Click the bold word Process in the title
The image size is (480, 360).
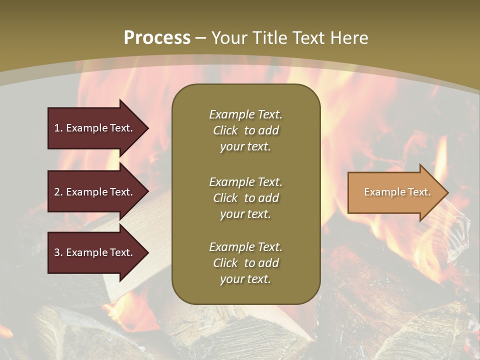157,38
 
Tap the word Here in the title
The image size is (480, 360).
348,38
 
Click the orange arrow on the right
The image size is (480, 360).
395,192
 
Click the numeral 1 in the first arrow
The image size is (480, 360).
57,128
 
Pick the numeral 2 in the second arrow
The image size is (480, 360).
57,192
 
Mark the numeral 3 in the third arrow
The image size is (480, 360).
57,252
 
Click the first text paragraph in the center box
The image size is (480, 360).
245,130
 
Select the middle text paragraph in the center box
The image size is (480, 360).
245,198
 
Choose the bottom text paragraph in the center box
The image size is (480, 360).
245,263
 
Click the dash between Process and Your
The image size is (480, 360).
201,38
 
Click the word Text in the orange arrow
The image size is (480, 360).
419,192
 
